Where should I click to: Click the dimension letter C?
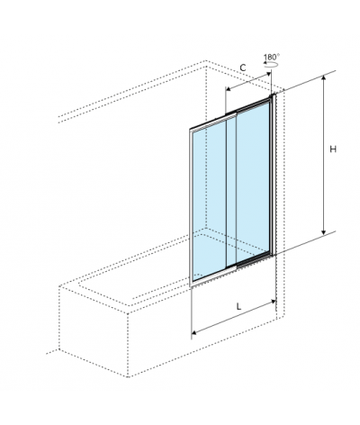tap(243, 68)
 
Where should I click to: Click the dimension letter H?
tap(333, 149)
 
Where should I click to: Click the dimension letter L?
tap(238, 306)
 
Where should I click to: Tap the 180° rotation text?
tap(272, 57)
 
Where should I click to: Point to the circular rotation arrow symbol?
tap(271, 65)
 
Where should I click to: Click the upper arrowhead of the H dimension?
tap(323, 78)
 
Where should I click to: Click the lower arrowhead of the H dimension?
tap(323, 232)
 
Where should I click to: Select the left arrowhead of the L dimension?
tap(194, 332)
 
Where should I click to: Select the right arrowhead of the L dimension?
tap(274, 301)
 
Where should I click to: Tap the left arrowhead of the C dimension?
tap(228, 89)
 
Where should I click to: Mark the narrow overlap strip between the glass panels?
tap(231, 192)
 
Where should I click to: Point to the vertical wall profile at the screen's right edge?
tap(273, 175)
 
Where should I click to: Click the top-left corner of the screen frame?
tap(190, 130)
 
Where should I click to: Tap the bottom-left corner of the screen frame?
tap(190, 285)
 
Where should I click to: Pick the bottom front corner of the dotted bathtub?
tap(128, 376)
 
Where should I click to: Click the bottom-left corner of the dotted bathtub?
tap(59, 349)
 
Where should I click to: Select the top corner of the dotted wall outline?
tap(206, 61)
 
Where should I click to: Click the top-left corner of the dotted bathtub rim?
tap(59, 285)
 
